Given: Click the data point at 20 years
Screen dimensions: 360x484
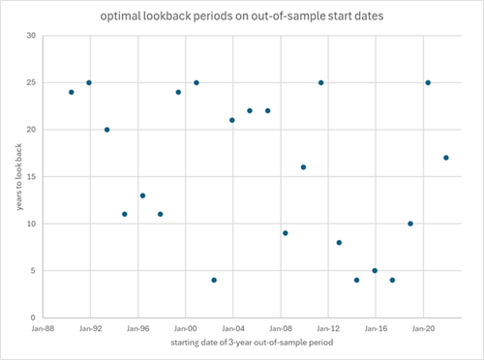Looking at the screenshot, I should pos(106,130).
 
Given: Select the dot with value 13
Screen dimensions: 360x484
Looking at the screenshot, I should pos(142,195).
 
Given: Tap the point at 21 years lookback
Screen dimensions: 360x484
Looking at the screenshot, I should pos(232,120).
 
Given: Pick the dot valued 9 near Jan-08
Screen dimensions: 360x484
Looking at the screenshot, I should pos(286,233).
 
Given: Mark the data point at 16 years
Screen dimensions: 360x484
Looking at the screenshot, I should pos(303,167).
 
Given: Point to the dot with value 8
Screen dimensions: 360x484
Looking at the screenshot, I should pos(339,243).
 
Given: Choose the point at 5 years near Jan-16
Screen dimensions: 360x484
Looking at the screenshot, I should pos(375,271).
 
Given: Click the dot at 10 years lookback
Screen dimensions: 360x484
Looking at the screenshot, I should pos(410,224).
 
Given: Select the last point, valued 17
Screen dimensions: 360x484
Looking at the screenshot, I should pos(446,158).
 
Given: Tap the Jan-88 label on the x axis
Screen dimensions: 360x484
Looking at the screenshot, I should pos(43,329).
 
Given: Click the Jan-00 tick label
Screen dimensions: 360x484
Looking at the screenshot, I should pos(185,329).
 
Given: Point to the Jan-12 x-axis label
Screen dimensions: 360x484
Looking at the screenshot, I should pos(328,329).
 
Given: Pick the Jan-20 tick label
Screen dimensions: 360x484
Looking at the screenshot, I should pos(423,329).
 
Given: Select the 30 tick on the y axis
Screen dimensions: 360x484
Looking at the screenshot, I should pos(31,36).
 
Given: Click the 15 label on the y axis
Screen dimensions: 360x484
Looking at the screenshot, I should pos(31,177).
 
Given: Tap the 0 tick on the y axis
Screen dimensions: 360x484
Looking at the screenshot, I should pos(34,317).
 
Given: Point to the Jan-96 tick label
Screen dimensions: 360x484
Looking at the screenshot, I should pos(137,329).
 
